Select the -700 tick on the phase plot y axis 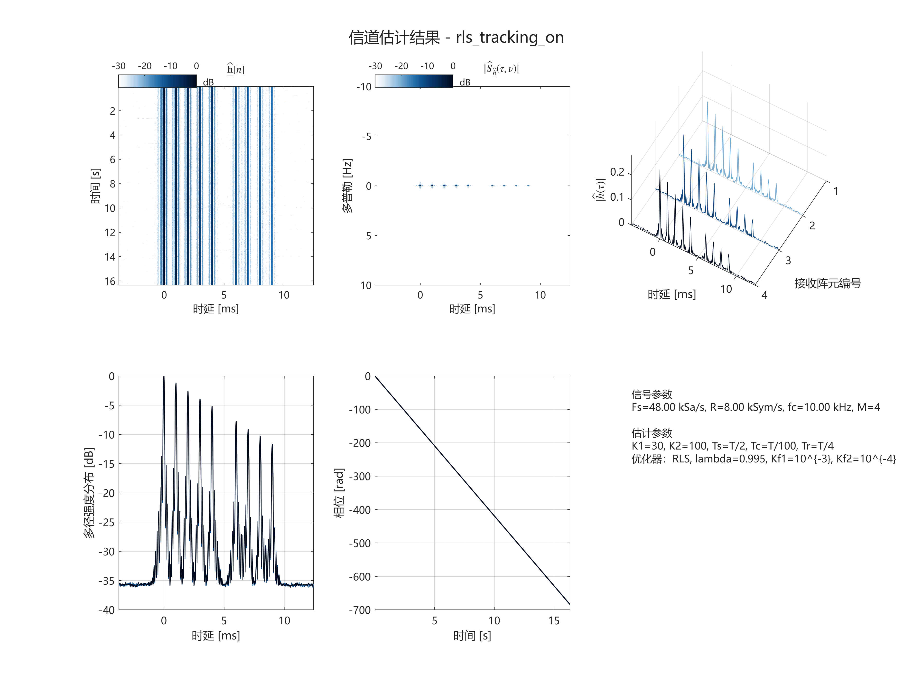(x=360, y=610)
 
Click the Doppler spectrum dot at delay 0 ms (x=420, y=186)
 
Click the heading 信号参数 (x=652, y=394)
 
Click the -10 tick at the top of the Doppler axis (x=364, y=87)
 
